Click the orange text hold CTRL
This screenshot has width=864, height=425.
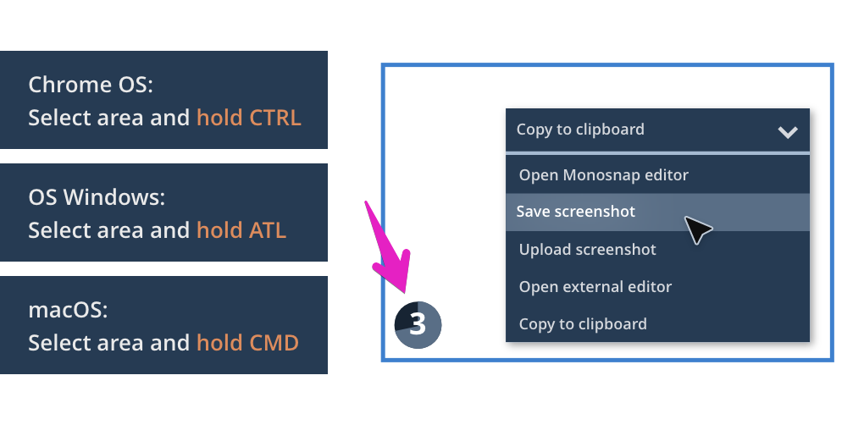click(249, 118)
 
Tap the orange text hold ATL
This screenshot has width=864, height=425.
click(241, 230)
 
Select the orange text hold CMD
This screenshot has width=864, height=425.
click(247, 342)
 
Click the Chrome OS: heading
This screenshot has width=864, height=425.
click(91, 85)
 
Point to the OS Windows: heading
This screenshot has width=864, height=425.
click(97, 197)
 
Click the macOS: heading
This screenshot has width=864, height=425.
click(68, 310)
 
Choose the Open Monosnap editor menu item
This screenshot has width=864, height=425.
click(603, 175)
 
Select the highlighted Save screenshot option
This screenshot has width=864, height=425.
click(576, 212)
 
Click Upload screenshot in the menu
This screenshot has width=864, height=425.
click(587, 250)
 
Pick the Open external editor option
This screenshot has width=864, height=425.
click(595, 287)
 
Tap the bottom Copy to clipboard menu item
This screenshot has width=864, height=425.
click(583, 323)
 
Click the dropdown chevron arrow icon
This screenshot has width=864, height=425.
click(788, 132)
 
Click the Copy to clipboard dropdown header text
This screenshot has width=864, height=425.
click(580, 130)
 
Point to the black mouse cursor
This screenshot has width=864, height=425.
click(697, 229)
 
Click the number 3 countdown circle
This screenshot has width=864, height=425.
click(418, 325)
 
